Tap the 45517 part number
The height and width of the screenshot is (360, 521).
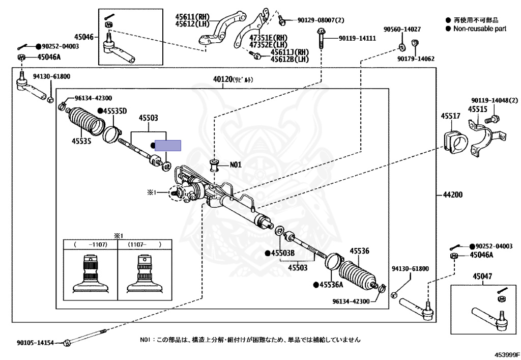[x=450, y=117]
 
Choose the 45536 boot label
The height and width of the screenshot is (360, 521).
[x=359, y=251]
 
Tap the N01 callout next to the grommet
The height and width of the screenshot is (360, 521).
[x=236, y=165]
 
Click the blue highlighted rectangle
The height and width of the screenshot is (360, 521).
[x=168, y=145]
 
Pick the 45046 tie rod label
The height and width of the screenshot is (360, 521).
[x=84, y=37]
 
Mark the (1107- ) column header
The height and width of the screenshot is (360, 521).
[x=144, y=244]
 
